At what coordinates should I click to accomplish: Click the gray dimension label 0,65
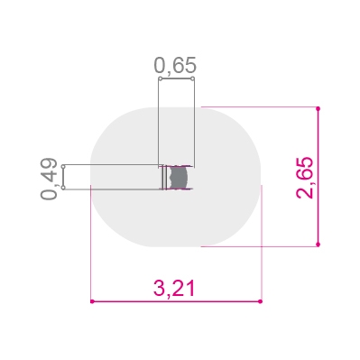pyautogui.click(x=175, y=65)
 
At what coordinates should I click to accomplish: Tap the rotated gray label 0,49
pyautogui.click(x=49, y=179)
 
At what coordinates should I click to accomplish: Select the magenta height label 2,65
pyautogui.click(x=305, y=178)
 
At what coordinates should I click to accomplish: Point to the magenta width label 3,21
pyautogui.click(x=174, y=289)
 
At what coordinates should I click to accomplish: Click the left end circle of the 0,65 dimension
pyautogui.click(x=161, y=78)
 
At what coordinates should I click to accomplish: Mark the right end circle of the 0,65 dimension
pyautogui.click(x=193, y=78)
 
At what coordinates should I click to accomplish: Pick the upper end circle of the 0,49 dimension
pyautogui.click(x=63, y=166)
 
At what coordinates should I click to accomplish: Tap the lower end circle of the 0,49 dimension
pyautogui.click(x=63, y=188)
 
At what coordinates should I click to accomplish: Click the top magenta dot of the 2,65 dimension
pyautogui.click(x=318, y=108)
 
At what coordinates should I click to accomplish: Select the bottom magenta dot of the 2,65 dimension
pyautogui.click(x=318, y=245)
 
